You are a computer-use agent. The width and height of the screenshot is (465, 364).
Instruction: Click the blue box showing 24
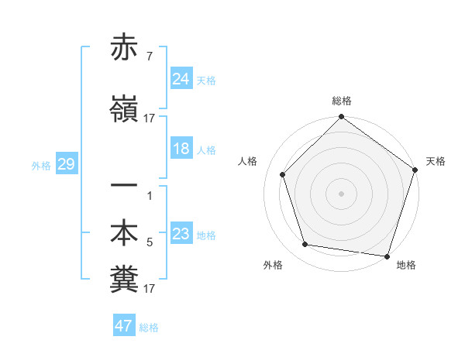[181, 79]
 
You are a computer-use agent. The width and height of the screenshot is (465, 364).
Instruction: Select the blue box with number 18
[181, 149]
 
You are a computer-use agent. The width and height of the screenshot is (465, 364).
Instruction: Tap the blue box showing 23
[181, 234]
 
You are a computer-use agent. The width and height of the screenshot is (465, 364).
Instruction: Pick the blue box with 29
[66, 164]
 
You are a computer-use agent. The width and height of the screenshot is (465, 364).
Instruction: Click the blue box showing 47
[124, 326]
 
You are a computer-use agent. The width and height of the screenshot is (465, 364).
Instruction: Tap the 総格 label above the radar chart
[342, 101]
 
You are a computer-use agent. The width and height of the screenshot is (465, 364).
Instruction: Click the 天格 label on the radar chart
[436, 161]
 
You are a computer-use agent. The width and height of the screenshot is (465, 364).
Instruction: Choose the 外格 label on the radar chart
[273, 265]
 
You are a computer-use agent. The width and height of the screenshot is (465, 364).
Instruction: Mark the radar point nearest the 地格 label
[387, 256]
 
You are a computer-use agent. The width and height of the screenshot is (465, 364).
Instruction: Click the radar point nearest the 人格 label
[283, 174]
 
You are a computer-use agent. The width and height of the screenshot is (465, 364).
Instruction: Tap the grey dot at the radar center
[341, 194]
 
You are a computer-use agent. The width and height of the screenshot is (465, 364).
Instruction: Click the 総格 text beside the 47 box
[149, 328]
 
